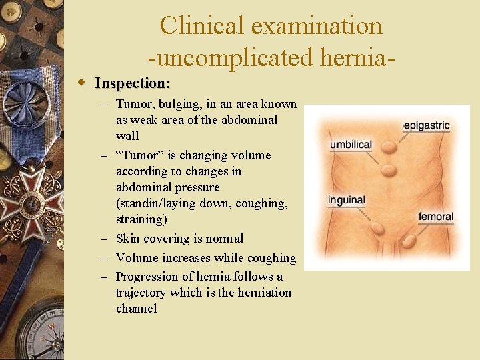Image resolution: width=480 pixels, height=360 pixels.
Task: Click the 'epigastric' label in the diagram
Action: click(427, 125)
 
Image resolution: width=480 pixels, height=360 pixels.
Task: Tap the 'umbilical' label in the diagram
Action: click(351, 145)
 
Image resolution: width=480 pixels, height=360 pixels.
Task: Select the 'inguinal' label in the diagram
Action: click(347, 199)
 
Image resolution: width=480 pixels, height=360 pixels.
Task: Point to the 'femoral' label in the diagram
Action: click(435, 216)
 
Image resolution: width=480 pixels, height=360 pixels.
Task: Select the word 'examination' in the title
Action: click(317, 26)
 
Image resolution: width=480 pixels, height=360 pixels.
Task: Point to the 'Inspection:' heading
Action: click(133, 83)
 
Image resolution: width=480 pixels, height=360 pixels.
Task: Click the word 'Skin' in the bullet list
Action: click(127, 239)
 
